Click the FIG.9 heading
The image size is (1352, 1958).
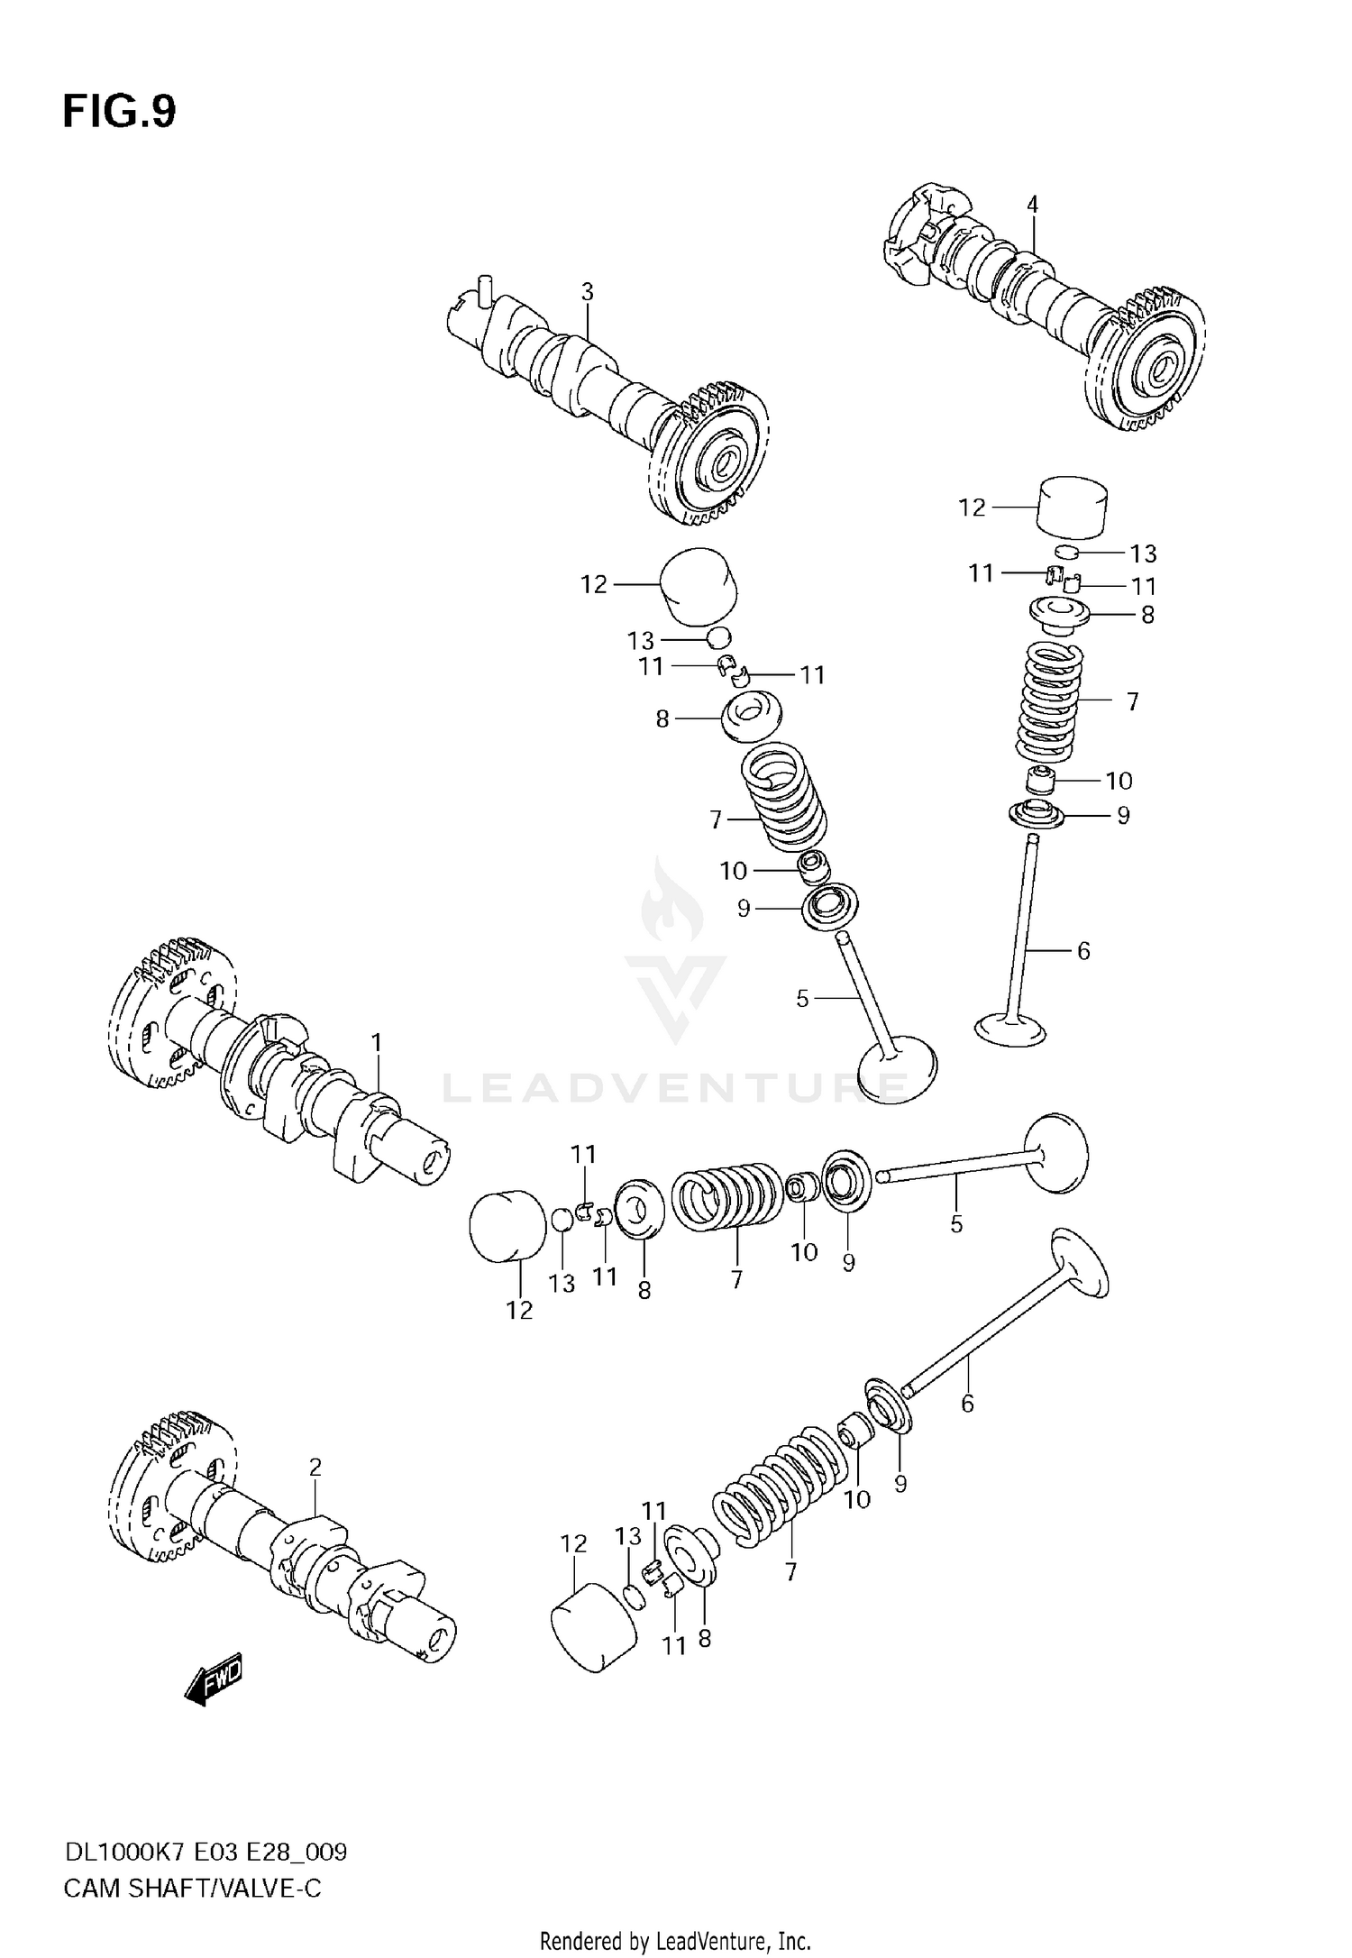119,112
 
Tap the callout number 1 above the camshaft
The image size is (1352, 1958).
377,1043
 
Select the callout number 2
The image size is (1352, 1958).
315,1468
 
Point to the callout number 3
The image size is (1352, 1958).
587,292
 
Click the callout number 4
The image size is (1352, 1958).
1032,205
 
